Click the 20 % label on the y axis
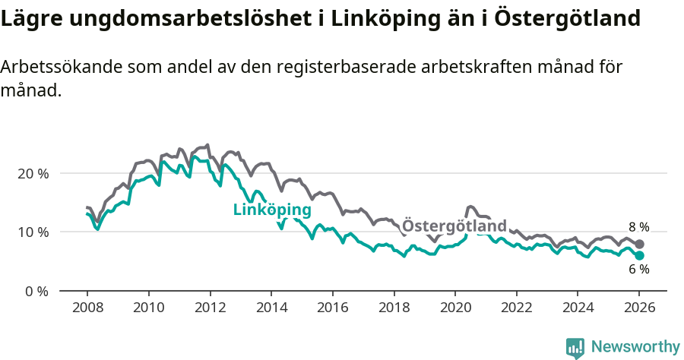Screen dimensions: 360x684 33,173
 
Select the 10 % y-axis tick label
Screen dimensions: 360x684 33,232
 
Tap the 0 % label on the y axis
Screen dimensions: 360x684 36,291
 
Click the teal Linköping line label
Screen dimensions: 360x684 272,210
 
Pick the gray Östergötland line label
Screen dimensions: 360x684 454,226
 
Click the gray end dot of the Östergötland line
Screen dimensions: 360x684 639,244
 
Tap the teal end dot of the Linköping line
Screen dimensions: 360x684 639,255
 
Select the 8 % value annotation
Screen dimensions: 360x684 638,227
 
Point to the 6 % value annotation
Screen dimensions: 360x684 638,270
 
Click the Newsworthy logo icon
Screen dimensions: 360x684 575,347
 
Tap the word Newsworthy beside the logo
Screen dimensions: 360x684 635,347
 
